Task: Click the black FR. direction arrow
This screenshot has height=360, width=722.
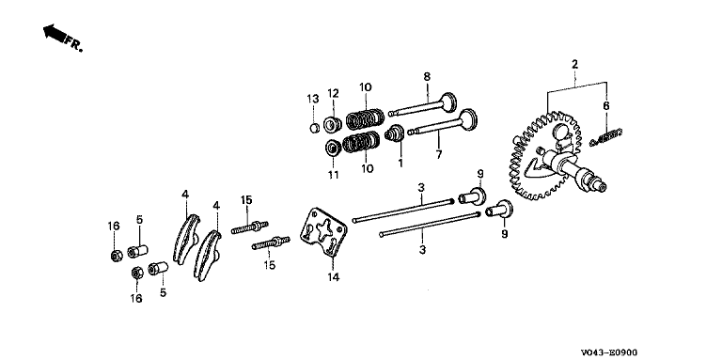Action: coord(54,34)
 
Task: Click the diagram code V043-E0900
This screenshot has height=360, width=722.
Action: coord(609,352)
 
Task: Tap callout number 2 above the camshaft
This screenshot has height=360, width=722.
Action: coord(574,65)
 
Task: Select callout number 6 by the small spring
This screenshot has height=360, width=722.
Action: coord(606,105)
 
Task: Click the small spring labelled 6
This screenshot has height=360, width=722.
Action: coord(606,136)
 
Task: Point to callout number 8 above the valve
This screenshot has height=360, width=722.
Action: coord(427,76)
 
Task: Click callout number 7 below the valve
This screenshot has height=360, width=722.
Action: coord(439,154)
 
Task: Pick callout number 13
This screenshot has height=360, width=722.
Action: coord(313,99)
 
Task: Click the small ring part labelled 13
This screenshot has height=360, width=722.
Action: coord(314,128)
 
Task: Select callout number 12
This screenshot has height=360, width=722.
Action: coord(333,93)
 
